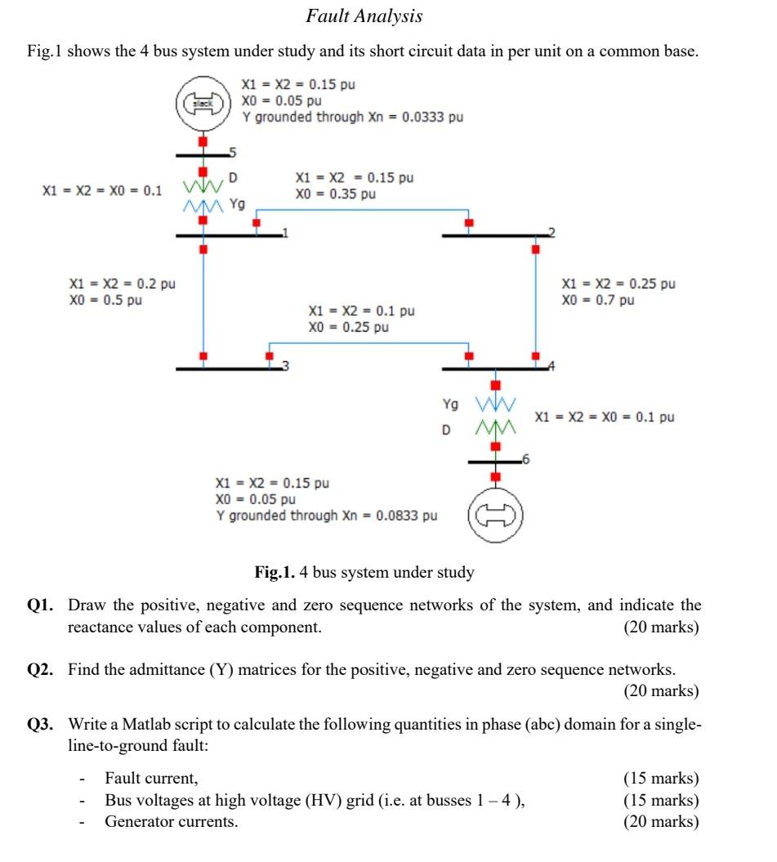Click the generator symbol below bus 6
(495, 515)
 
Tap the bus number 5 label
(231, 152)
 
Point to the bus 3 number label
(285, 365)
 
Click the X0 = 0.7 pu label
(597, 301)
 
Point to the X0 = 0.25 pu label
(348, 327)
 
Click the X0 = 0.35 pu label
(336, 194)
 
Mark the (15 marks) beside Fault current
(661, 778)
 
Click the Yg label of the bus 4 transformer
(450, 404)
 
